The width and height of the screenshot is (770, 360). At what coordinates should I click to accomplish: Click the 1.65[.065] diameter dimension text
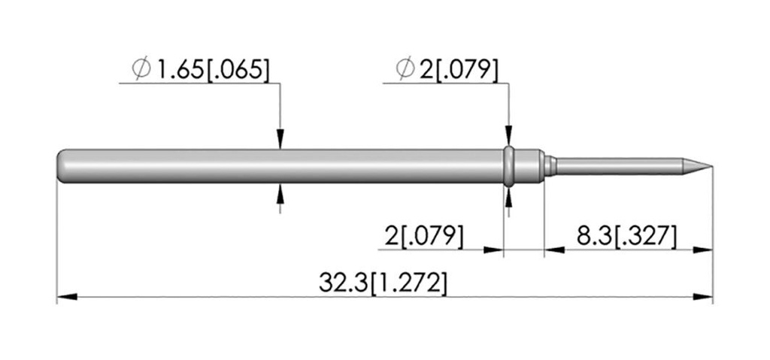(x=213, y=70)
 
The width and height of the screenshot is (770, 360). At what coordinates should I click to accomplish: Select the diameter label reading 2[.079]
(x=459, y=70)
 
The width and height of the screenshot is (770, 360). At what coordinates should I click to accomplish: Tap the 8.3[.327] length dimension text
(x=626, y=237)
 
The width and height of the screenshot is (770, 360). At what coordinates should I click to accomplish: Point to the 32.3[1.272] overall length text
(x=383, y=283)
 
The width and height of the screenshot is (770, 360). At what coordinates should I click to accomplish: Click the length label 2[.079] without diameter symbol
(x=424, y=237)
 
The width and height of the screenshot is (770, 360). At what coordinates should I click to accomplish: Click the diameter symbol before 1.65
(x=141, y=69)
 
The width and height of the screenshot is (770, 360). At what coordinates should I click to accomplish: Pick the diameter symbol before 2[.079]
(x=405, y=69)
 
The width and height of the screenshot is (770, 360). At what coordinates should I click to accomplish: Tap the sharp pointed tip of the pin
(x=711, y=166)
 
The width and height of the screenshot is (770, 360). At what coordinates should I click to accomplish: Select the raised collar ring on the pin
(x=509, y=166)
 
